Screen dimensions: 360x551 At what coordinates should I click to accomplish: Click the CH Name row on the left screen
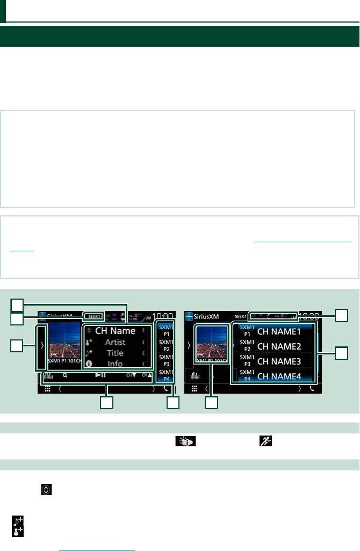(115, 331)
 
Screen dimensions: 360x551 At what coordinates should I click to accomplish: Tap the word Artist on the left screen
(115, 342)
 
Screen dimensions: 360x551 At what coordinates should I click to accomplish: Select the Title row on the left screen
(115, 353)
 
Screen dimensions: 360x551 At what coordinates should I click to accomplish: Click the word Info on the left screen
(115, 364)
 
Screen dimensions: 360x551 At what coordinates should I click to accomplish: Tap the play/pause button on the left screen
(100, 375)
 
